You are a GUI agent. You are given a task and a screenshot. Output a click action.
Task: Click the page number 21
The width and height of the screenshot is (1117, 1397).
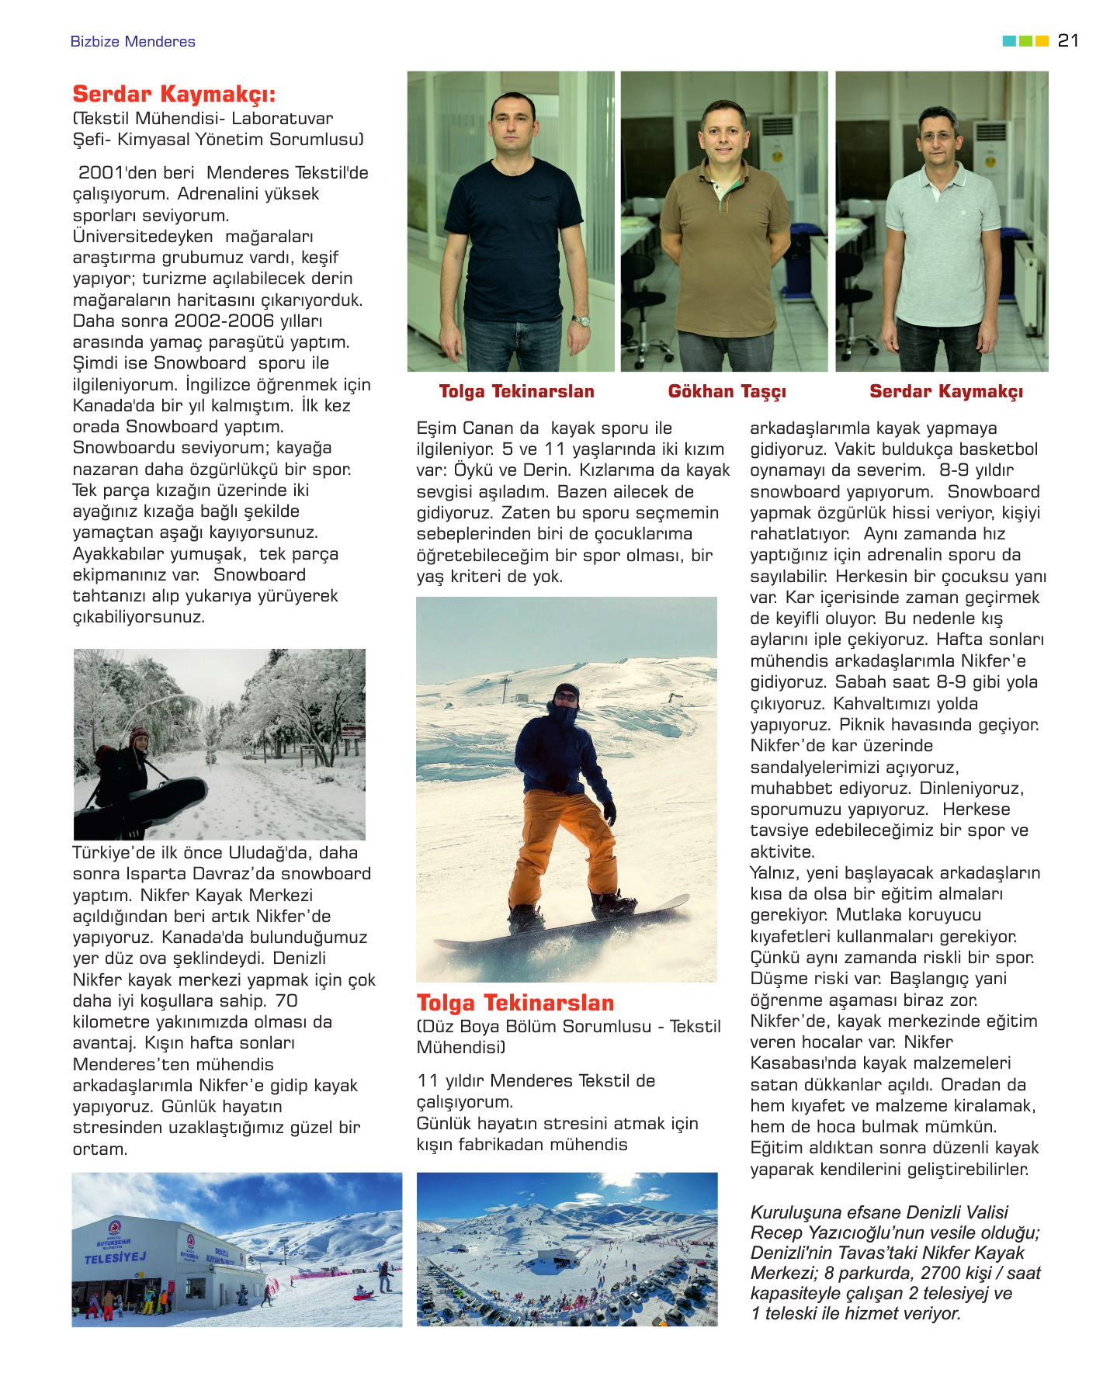click(x=1068, y=40)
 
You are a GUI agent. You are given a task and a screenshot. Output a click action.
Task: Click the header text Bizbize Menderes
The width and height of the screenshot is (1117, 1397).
click(x=133, y=42)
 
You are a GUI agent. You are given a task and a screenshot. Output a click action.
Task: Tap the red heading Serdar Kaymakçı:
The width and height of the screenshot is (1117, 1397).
click(x=174, y=95)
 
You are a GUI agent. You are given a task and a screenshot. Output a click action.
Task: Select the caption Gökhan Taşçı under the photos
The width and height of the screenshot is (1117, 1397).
click(x=727, y=392)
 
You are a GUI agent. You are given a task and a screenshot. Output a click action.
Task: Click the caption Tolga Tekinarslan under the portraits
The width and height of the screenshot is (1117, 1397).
click(x=516, y=392)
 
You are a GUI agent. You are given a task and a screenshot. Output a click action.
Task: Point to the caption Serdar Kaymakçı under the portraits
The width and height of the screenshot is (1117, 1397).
click(x=945, y=392)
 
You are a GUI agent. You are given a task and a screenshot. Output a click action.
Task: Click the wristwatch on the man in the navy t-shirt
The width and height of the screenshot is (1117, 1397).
click(x=581, y=321)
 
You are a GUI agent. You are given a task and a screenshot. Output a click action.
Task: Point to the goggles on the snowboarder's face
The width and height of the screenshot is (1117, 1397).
click(x=567, y=697)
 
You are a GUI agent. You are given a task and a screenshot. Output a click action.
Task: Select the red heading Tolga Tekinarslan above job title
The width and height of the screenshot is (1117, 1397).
click(x=515, y=1003)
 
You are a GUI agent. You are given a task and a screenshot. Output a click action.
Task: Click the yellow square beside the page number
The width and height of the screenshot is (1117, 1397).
click(x=1042, y=41)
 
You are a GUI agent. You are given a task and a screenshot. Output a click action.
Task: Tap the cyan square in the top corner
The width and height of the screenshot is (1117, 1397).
click(x=1009, y=41)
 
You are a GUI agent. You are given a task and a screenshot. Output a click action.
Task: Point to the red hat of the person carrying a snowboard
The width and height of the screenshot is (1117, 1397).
click(x=139, y=733)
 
